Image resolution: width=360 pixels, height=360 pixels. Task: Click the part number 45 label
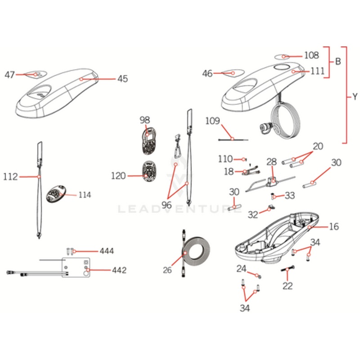tap(123, 79)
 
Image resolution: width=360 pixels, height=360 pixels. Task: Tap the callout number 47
tap(10, 75)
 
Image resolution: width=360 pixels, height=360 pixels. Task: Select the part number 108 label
tap(311, 56)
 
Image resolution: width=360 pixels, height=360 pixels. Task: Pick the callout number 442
tap(119, 270)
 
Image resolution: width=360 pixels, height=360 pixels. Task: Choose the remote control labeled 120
tap(148, 171)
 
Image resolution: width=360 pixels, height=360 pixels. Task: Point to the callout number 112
tap(11, 177)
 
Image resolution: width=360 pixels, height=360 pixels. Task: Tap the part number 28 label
tap(271, 162)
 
